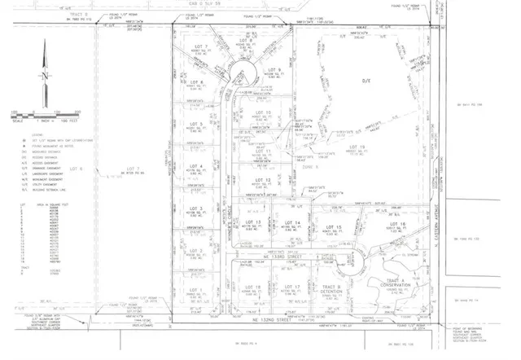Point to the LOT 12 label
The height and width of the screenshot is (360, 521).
pos(262,179)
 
